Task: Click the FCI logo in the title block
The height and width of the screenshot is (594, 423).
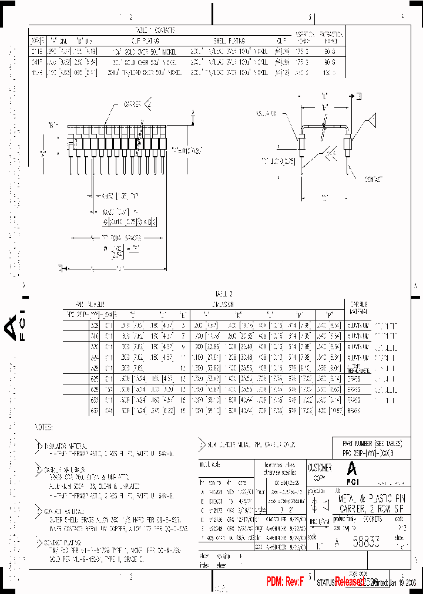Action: pos(352,471)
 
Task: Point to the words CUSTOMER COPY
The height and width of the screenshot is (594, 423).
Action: pos(320,472)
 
